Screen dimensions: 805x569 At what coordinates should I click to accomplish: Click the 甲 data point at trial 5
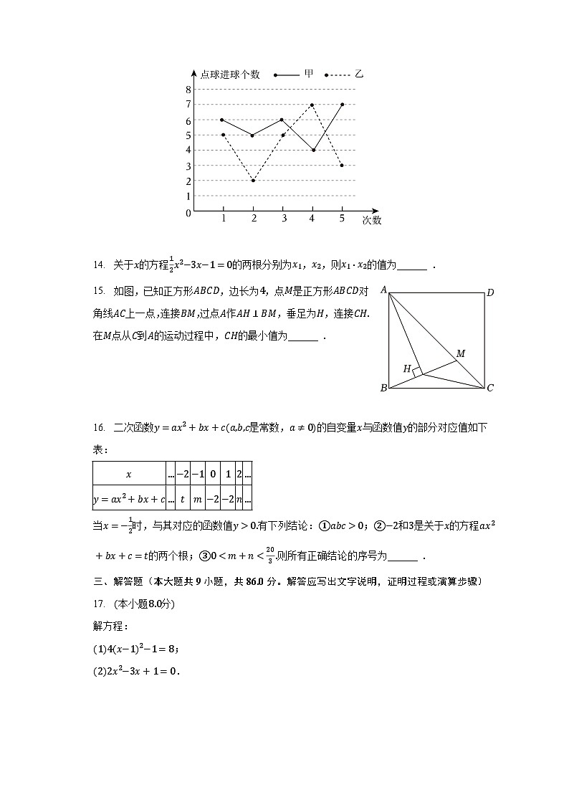[x=342, y=104]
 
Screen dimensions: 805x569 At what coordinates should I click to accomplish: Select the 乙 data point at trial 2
[x=253, y=180]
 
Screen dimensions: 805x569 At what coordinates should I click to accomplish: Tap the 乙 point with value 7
[x=312, y=105]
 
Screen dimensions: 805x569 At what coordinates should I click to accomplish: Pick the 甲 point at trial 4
[x=312, y=150]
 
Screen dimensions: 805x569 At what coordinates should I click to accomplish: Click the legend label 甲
[x=309, y=74]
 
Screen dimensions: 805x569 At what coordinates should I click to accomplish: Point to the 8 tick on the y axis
[x=188, y=90]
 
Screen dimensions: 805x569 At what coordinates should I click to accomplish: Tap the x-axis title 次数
[x=371, y=220]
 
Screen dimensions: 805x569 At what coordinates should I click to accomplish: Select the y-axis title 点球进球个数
[x=229, y=75]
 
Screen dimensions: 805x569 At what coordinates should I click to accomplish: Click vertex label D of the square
[x=490, y=292]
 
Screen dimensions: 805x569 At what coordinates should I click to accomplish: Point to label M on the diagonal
[x=461, y=353]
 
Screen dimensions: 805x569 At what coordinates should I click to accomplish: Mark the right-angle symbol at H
[x=417, y=372]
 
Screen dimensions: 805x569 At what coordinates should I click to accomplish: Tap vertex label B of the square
[x=383, y=388]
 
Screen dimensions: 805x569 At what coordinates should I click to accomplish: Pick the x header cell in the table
[x=129, y=475]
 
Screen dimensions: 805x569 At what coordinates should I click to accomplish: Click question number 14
[x=99, y=265]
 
